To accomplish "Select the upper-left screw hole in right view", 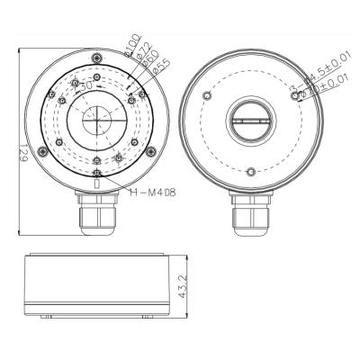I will [209, 95].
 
